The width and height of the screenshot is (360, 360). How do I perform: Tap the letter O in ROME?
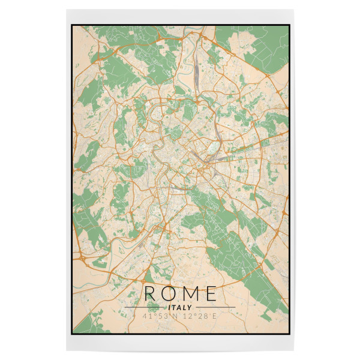(x=170, y=293)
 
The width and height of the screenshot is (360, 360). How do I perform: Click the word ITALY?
(x=180, y=307)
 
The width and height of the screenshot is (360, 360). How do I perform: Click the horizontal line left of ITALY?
(x=146, y=307)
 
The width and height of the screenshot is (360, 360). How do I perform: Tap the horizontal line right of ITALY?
(x=214, y=307)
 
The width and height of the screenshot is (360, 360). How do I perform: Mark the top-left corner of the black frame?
(x=71, y=25)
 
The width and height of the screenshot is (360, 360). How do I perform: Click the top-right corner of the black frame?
(x=290, y=25)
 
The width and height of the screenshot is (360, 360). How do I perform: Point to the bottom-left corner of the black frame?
(x=71, y=334)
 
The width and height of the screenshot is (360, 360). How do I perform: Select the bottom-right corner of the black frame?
(x=290, y=334)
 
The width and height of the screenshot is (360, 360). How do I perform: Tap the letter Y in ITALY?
(x=190, y=307)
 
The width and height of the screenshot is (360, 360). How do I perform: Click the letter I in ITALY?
(x=170, y=307)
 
